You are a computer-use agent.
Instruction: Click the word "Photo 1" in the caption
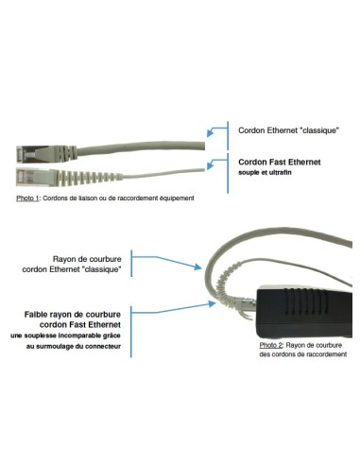coord(27,198)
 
